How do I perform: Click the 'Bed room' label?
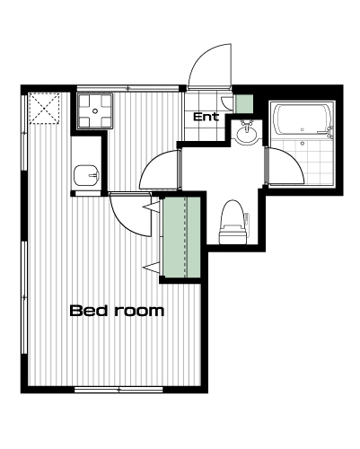117,311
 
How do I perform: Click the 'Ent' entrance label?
206,117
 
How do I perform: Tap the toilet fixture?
234,222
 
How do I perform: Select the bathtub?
303,119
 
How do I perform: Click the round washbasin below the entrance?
246,134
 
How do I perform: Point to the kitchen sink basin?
87,175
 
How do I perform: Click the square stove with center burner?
95,111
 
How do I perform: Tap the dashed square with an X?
45,108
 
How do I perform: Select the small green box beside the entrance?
244,104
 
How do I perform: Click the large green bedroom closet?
181,237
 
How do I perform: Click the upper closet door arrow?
152,207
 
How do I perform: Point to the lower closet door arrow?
152,267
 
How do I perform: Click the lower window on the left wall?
24,297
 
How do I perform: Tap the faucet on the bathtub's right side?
329,132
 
